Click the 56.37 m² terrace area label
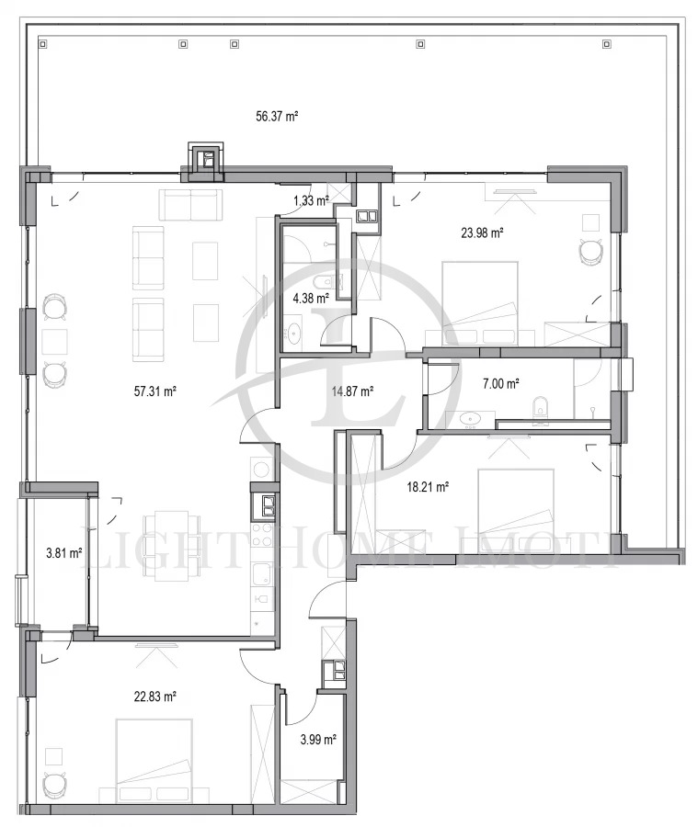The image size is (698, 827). (277, 116)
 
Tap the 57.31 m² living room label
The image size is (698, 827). (154, 391)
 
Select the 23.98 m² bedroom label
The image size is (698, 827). (482, 232)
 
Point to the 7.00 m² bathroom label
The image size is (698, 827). (500, 383)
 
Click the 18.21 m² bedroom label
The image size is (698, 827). (428, 486)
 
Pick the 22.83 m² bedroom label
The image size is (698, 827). (154, 697)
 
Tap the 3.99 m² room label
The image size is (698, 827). (318, 740)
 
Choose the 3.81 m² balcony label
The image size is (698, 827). (63, 553)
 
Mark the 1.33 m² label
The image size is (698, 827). (312, 200)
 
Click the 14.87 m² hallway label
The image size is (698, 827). (353, 391)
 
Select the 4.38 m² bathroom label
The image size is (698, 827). (311, 299)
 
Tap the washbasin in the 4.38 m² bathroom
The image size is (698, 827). (292, 333)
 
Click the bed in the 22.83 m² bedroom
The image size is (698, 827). (154, 760)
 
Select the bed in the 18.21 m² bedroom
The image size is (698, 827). (516, 511)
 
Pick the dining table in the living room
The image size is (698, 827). (171, 545)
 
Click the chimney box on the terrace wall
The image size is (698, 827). (206, 156)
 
